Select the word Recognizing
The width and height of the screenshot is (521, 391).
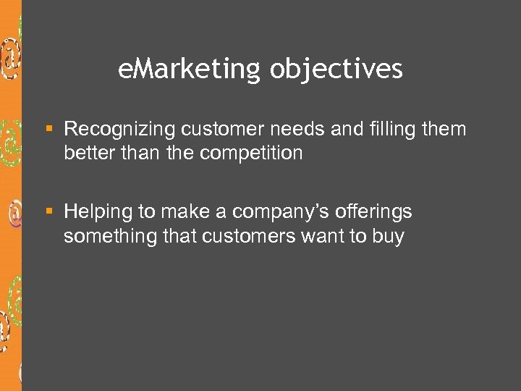coord(119,130)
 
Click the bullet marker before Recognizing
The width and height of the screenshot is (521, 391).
coord(50,130)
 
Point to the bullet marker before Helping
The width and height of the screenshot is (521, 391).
coord(50,212)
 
